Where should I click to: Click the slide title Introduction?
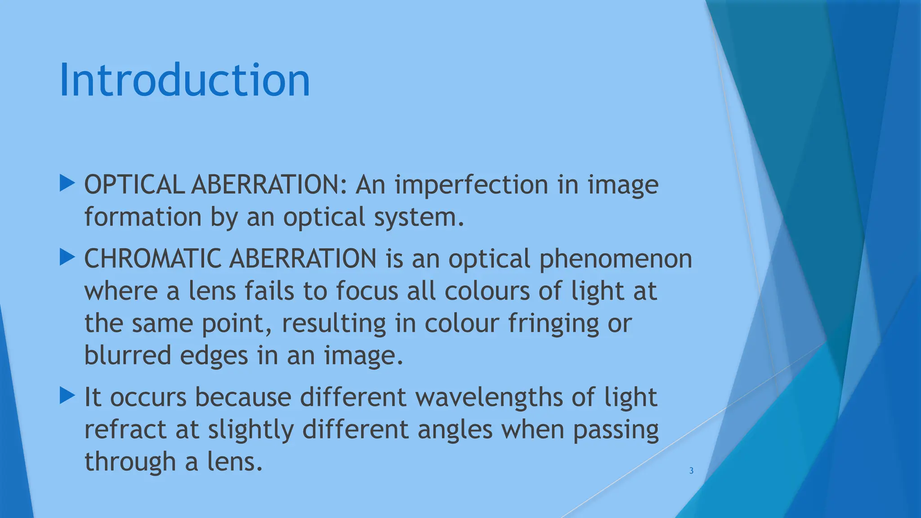pos(184,80)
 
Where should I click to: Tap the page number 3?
pos(691,471)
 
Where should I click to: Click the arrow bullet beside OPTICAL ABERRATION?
pos(67,183)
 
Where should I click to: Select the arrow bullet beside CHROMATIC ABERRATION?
pos(67,258)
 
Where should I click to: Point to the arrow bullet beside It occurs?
pos(67,396)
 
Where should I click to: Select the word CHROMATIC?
pos(152,259)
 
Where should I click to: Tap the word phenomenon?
pos(615,259)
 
